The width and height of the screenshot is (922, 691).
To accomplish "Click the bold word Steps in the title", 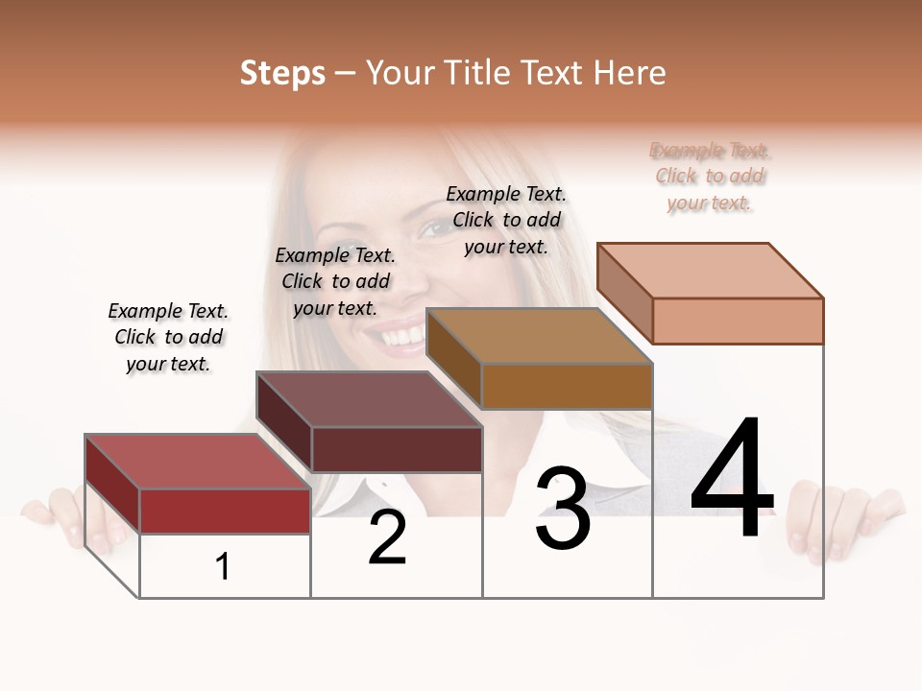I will [x=282, y=73].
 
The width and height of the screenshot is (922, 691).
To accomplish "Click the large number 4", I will [x=732, y=479].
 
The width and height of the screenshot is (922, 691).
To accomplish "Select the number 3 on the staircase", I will [x=563, y=510].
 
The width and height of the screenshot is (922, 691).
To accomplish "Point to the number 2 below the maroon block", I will [x=387, y=538].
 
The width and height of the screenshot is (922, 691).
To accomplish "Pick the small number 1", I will [x=223, y=566].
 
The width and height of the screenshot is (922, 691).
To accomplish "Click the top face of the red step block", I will [x=198, y=462].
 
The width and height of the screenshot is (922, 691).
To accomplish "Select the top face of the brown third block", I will [x=539, y=336].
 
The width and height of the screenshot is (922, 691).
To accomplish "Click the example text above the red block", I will [x=168, y=337].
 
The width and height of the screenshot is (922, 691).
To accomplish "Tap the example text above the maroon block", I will [x=335, y=281].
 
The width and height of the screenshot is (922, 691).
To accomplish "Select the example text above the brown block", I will [x=506, y=220].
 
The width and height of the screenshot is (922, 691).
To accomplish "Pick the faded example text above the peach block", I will [x=710, y=176].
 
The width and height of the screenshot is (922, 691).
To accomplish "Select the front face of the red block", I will [x=225, y=511].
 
